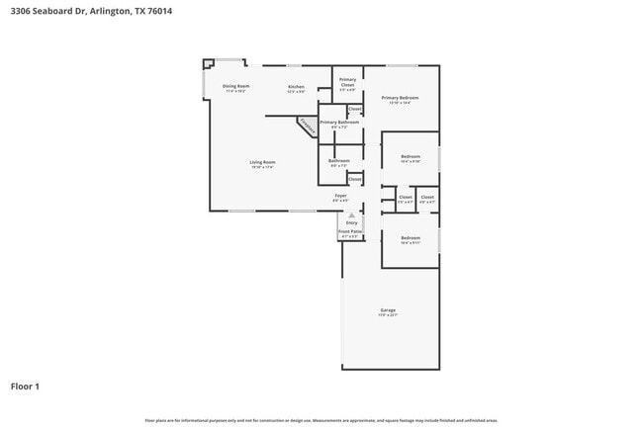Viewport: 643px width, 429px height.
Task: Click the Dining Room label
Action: click(235, 86)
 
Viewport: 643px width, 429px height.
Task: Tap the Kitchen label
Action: click(296, 87)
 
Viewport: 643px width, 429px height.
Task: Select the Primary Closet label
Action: click(347, 82)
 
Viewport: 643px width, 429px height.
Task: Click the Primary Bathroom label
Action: click(339, 122)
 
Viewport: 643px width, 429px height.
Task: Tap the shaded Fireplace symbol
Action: click(309, 126)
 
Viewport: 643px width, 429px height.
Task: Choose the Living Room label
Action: click(262, 162)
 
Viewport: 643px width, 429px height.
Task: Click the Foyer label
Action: click(340, 196)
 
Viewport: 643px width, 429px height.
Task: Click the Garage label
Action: click(388, 310)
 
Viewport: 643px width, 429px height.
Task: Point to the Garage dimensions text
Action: click(388, 316)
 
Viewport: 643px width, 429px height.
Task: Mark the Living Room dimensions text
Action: click(262, 167)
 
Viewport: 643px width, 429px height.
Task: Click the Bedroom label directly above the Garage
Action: click(411, 237)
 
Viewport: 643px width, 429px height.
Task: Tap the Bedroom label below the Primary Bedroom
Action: click(411, 156)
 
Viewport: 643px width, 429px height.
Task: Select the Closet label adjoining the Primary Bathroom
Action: click(354, 109)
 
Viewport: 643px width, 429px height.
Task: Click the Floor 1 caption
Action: click(25, 386)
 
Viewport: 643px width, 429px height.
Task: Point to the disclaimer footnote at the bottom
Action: click(321, 420)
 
